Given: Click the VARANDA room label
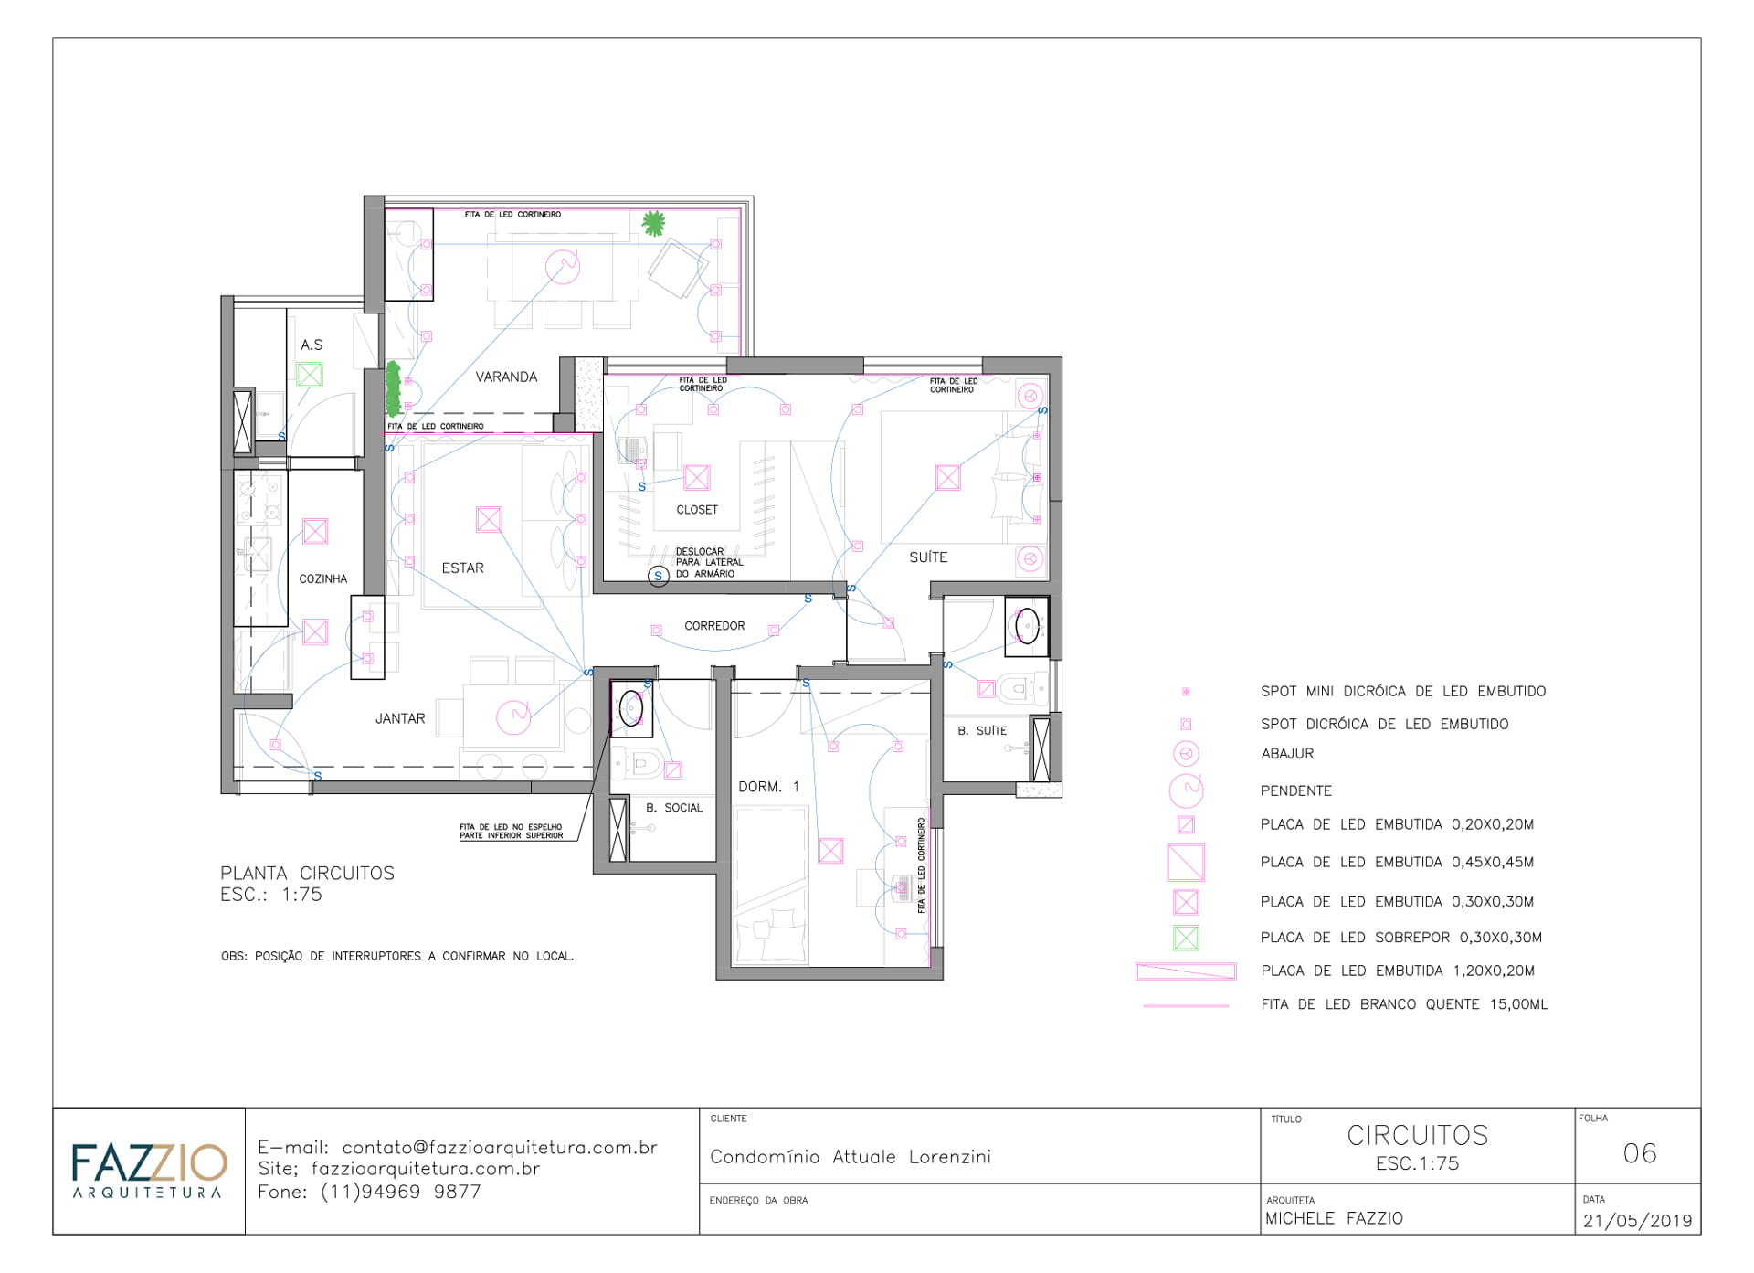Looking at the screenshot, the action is [x=506, y=377].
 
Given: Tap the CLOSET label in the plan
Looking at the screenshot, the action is [x=697, y=510].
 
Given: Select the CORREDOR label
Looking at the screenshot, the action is [x=714, y=626].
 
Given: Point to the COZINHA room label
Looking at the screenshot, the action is [x=323, y=578].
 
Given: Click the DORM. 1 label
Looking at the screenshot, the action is [x=768, y=787].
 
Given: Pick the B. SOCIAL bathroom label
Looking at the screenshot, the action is [x=674, y=808].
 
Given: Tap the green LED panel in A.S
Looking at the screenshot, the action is [x=310, y=375].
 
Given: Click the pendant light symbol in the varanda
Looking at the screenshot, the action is [x=563, y=267].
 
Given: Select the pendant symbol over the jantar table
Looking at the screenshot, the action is [x=513, y=716].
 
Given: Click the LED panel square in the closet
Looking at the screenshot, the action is [x=697, y=477].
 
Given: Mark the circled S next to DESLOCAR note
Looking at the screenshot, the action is [x=658, y=576].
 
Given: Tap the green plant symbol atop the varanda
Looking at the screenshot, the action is [x=652, y=222].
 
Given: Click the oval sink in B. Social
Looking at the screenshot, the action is [x=631, y=707].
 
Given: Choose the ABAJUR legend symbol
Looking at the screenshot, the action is [x=1186, y=754].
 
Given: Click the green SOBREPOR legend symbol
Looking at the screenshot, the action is [x=1186, y=938].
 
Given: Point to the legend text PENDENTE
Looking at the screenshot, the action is [x=1295, y=791].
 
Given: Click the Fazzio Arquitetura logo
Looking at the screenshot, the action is [x=149, y=1170].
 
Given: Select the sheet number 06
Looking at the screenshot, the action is [x=1640, y=1153].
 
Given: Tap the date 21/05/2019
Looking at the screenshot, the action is [x=1637, y=1221].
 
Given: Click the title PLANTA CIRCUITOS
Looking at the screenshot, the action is [x=308, y=874].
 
